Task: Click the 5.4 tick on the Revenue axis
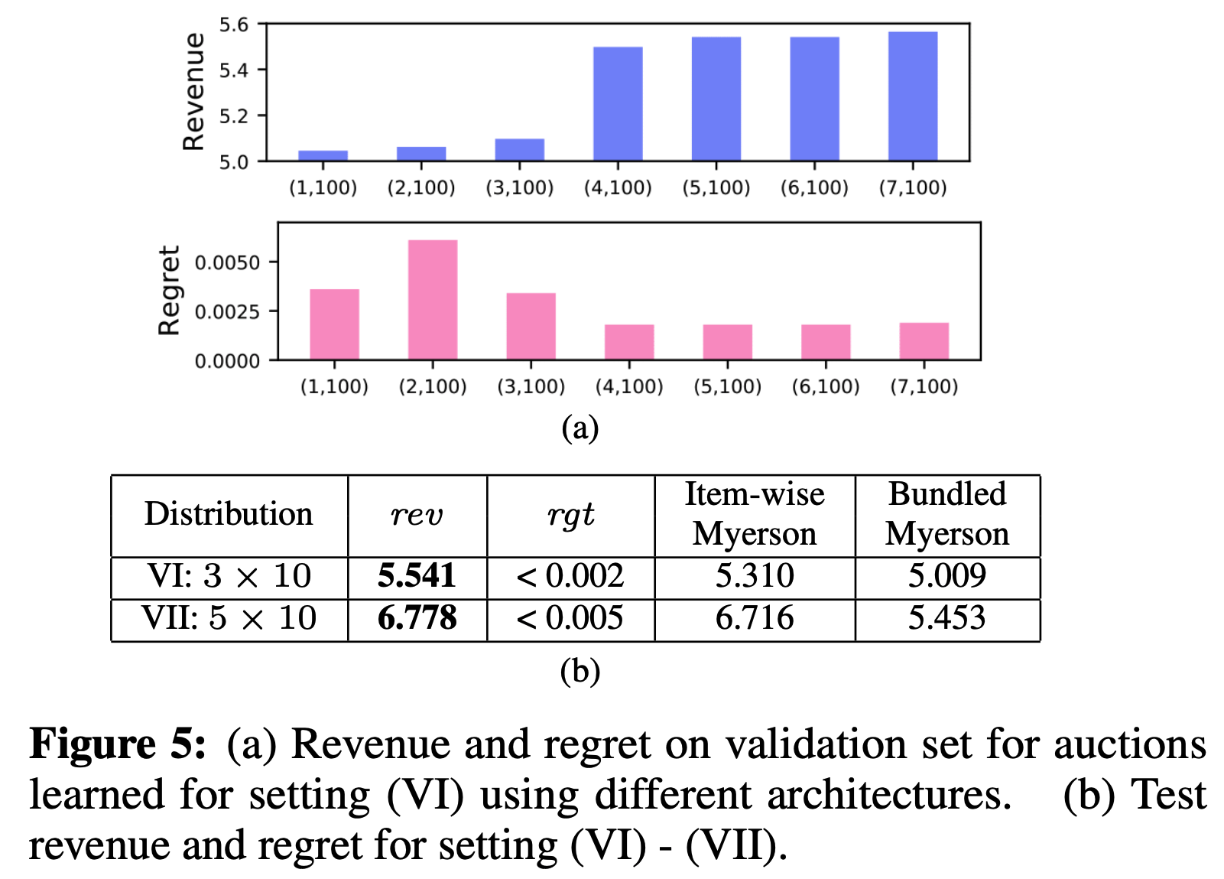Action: click(x=233, y=70)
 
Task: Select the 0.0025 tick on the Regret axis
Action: click(x=227, y=312)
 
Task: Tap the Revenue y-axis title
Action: click(x=193, y=91)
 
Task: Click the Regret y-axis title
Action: click(x=169, y=291)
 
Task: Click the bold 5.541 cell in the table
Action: click(x=417, y=576)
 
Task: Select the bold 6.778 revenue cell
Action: click(x=417, y=618)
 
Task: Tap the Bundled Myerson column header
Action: click(x=946, y=514)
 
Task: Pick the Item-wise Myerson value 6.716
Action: click(x=754, y=618)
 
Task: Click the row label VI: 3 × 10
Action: click(x=229, y=576)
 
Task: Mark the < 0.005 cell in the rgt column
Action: click(x=570, y=618)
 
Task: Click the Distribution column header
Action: click(x=229, y=514)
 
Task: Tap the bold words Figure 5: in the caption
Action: click(x=118, y=744)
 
